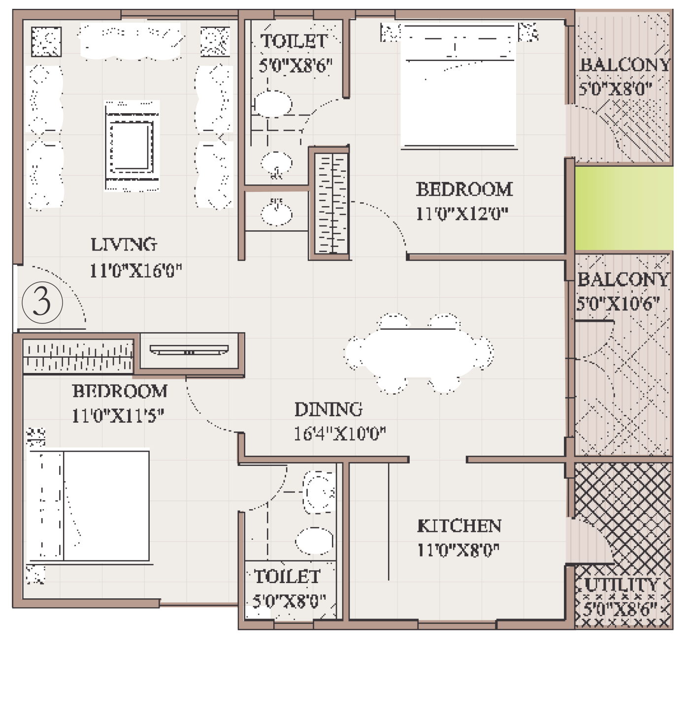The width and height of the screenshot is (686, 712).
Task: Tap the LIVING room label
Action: tap(124, 244)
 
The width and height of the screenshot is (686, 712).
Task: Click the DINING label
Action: tap(328, 409)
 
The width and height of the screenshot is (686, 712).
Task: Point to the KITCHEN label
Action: tap(459, 526)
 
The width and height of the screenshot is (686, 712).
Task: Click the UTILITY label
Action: tap(621, 585)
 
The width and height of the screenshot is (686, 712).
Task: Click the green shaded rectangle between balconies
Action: tap(624, 208)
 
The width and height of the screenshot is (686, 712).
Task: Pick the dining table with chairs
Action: tap(419, 353)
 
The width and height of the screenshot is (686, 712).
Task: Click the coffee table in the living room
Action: tap(131, 146)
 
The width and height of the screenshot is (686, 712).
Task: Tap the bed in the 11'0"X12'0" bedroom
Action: tap(459, 86)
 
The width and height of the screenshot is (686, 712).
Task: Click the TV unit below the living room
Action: tap(189, 350)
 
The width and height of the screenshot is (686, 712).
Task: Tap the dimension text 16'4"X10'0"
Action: tap(339, 433)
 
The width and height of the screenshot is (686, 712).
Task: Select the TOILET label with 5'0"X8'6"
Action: tap(294, 41)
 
